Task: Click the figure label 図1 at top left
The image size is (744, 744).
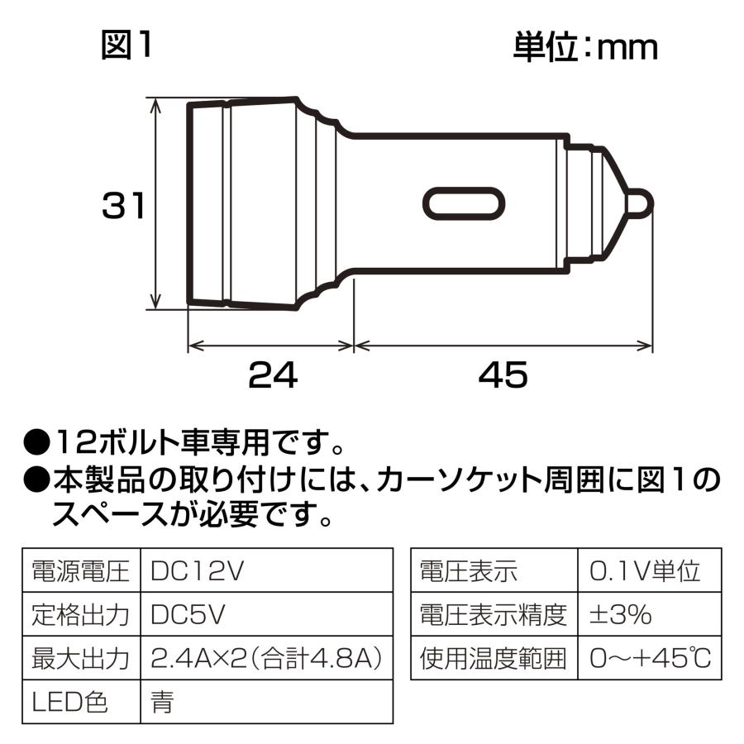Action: pos(126,46)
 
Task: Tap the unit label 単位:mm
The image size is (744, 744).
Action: pos(585,46)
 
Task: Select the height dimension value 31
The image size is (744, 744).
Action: pos(124,206)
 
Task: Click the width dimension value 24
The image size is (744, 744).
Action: pos(272,376)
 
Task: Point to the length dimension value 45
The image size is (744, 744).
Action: pos(502,376)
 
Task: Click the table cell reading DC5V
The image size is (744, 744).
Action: pos(189,614)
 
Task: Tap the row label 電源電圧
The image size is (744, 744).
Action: pos(81,570)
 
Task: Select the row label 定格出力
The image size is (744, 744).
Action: pos(81,614)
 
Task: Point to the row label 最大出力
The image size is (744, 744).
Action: pos(81,658)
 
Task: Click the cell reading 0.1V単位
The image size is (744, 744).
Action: pos(646,570)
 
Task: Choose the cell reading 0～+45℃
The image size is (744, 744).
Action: pos(651,658)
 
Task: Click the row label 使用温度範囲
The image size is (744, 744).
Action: pos(494,658)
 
